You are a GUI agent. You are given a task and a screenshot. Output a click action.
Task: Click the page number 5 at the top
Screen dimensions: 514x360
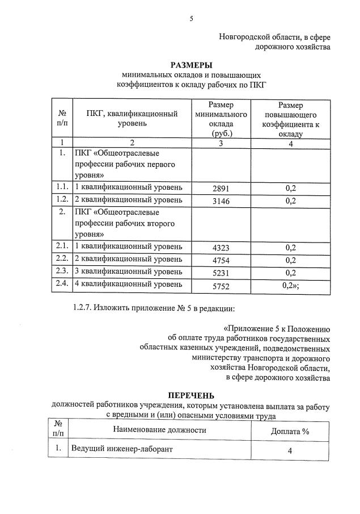click(191, 19)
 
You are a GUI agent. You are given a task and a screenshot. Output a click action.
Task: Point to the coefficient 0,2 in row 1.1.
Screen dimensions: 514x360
click(291, 187)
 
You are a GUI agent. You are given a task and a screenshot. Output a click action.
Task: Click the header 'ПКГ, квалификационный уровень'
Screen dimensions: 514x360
click(132, 118)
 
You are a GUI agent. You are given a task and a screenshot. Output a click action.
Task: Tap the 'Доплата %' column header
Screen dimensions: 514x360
click(290, 431)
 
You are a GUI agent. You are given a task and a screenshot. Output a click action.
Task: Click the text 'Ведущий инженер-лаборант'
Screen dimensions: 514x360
click(121, 449)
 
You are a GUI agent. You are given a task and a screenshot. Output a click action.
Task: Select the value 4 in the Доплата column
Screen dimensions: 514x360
click(290, 451)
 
